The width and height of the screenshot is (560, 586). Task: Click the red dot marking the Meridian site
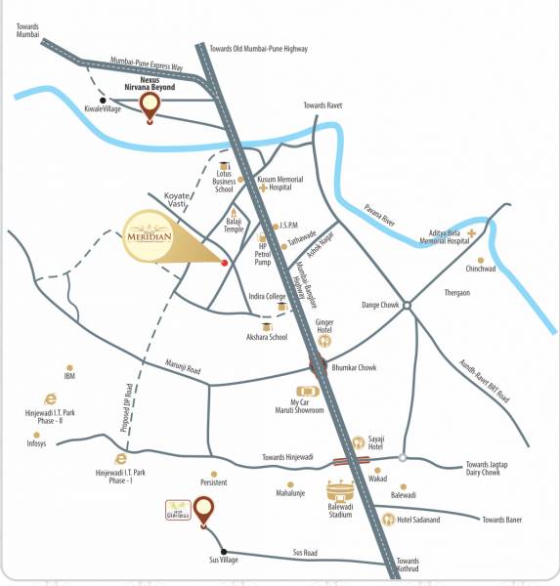coord(225,263)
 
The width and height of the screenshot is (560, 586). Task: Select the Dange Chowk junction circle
coord(408,307)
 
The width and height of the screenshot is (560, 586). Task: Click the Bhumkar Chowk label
coord(354,368)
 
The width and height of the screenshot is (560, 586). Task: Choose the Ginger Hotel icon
coord(324,341)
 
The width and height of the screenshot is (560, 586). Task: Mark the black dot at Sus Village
coord(224,550)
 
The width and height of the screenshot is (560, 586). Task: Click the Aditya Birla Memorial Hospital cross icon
coord(471,233)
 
